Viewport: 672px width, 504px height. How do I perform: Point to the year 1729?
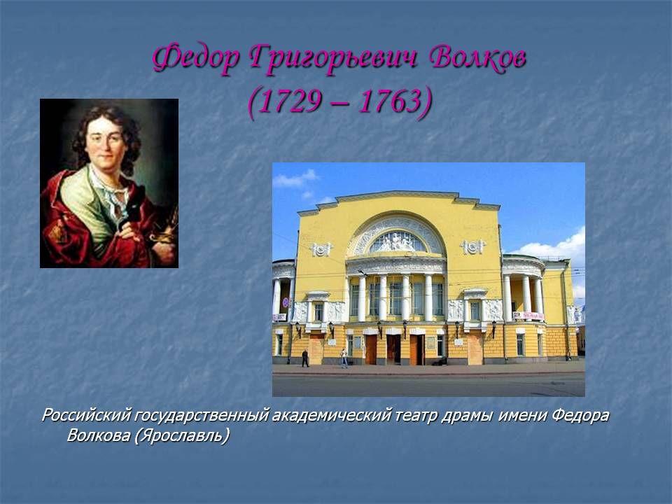click(289, 101)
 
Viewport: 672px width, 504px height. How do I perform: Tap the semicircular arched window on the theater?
click(398, 241)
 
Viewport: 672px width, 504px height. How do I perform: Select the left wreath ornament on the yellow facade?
click(321, 248)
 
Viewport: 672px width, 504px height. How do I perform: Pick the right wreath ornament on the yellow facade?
click(472, 247)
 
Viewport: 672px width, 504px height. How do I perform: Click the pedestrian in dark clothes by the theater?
click(304, 358)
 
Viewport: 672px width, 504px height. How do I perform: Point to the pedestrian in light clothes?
click(344, 358)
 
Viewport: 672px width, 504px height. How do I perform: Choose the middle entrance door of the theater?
click(393, 349)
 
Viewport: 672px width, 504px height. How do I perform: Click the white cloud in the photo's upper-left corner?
click(295, 178)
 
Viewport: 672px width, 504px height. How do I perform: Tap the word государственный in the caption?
click(202, 416)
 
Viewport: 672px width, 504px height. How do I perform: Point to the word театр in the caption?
click(416, 416)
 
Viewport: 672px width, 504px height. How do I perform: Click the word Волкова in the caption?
click(99, 435)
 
